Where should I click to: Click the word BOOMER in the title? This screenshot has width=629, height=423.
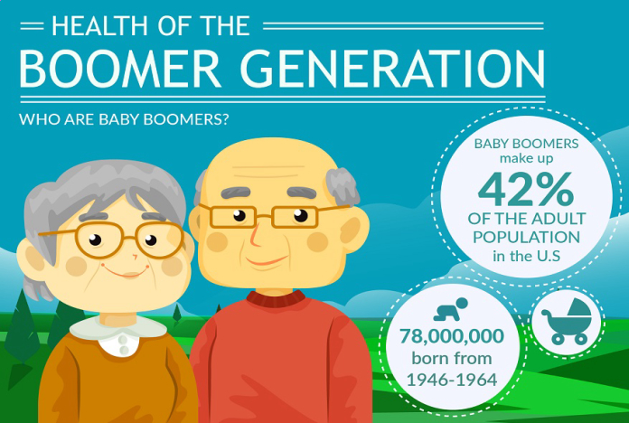tap(120, 69)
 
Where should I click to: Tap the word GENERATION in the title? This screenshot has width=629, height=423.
tap(394, 69)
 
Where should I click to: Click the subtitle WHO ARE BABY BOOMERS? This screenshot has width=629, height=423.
tap(124, 119)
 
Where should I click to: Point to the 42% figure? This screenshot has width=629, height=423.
tap(526, 190)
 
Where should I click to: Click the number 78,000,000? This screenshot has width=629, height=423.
tap(452, 336)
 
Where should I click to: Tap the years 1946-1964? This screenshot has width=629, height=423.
tap(452, 380)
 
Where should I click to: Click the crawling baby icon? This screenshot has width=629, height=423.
tap(451, 309)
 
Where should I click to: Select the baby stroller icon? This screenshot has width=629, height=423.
tap(567, 321)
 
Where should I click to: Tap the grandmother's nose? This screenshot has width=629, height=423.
tap(135, 257)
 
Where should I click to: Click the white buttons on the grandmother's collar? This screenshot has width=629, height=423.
tap(125, 345)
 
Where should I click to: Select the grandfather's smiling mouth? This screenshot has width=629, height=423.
tap(267, 261)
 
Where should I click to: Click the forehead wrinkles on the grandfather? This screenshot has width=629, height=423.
tap(263, 172)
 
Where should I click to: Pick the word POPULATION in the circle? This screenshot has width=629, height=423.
tap(526, 237)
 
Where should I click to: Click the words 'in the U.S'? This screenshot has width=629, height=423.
tap(526, 256)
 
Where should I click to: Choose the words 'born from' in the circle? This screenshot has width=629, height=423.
tap(452, 358)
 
